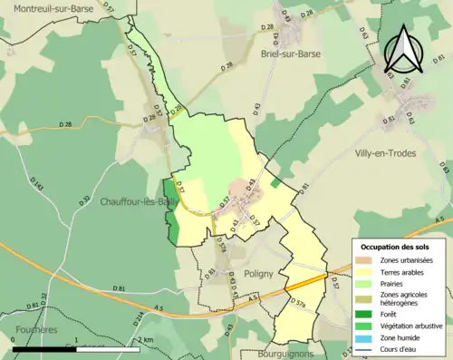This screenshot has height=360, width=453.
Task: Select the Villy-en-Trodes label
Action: tap(385, 153)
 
